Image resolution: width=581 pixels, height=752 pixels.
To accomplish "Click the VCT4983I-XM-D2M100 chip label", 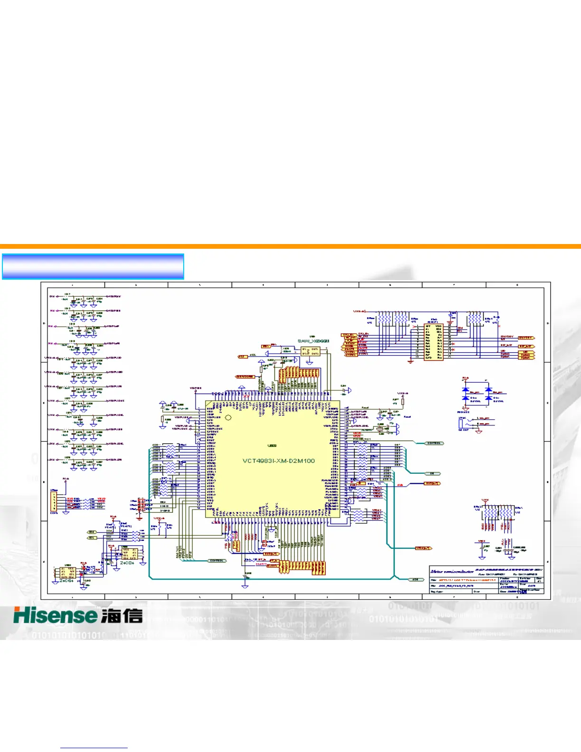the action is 279,461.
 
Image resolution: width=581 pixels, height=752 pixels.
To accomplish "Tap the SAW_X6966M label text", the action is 313,341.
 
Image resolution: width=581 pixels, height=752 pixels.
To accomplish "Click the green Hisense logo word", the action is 55,616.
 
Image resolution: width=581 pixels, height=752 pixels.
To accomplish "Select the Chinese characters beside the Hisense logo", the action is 122,616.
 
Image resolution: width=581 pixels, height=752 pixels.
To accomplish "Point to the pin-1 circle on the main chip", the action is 228,418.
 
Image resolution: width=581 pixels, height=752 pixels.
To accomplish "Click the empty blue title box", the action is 93,266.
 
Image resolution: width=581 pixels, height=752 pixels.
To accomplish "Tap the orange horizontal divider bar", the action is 290,246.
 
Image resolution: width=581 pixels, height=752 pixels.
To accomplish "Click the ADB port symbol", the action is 416,579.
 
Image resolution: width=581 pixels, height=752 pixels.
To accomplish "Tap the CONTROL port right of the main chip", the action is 434,443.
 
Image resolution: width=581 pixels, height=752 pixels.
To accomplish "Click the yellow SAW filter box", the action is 310,352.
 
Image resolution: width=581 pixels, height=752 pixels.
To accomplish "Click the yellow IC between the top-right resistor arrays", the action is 433,342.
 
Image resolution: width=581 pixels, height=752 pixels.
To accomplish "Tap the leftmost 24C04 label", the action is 66,580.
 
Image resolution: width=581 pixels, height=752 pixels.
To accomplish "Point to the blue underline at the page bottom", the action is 94,748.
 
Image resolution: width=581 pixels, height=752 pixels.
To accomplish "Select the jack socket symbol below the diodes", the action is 461,422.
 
